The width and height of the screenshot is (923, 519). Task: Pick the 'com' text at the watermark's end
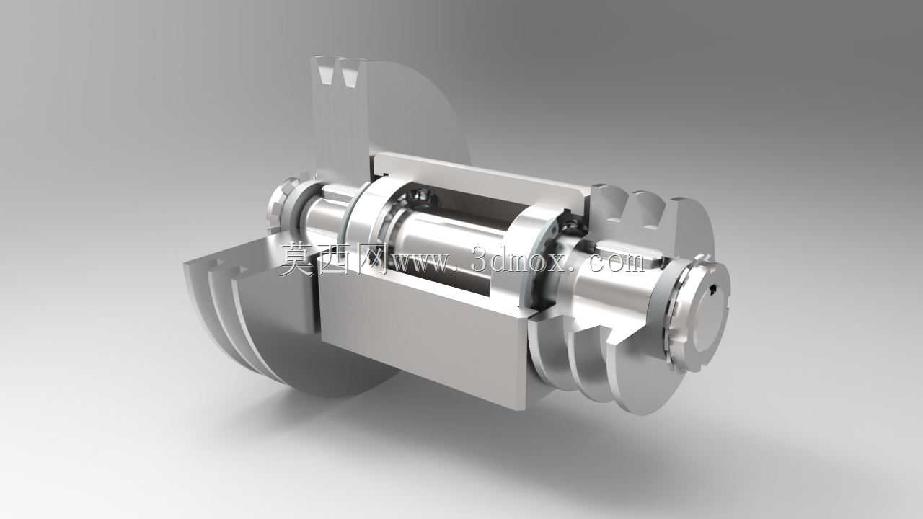click(617, 262)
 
